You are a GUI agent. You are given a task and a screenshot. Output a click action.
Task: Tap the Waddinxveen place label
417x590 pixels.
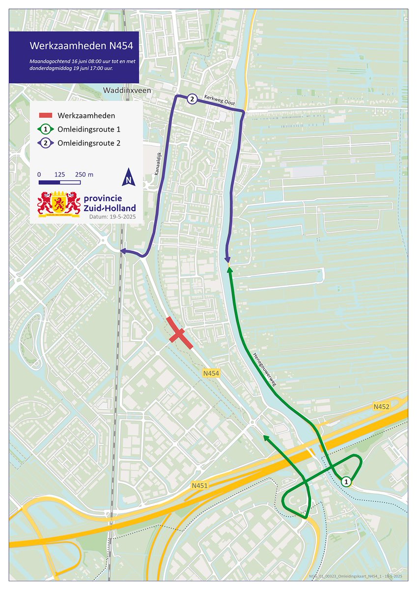pos(128,91)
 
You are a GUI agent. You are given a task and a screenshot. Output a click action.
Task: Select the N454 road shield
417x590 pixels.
pos(211,374)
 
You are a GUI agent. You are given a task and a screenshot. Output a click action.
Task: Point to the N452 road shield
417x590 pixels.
pos(381,406)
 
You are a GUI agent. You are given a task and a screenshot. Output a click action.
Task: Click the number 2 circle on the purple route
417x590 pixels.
pos(192,99)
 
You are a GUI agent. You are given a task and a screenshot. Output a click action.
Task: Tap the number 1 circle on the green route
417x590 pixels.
pos(347,482)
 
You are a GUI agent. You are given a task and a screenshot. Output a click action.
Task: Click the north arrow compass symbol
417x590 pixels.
pos(128,177)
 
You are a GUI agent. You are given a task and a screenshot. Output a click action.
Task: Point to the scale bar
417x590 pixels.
pos(59,182)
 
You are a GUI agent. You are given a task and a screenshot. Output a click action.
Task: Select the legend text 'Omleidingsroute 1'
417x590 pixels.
pos(89,130)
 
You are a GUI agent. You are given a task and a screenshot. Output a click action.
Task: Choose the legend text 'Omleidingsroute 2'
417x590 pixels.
pos(89,144)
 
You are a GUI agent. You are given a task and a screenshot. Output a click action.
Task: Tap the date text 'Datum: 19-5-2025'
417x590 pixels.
pos(112,216)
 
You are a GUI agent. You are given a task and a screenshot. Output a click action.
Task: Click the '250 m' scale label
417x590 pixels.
pos(84,175)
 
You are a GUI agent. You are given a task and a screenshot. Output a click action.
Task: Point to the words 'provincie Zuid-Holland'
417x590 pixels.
pos(110,203)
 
